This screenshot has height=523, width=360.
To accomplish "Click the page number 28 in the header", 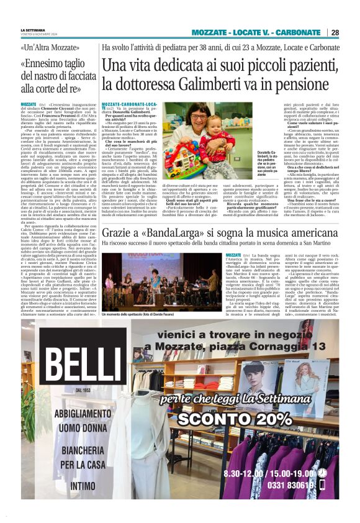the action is coord(335,32).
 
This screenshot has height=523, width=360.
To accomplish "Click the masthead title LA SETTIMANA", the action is coord(33,30).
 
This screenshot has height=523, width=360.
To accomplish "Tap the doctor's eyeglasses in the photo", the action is coord(204,120).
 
